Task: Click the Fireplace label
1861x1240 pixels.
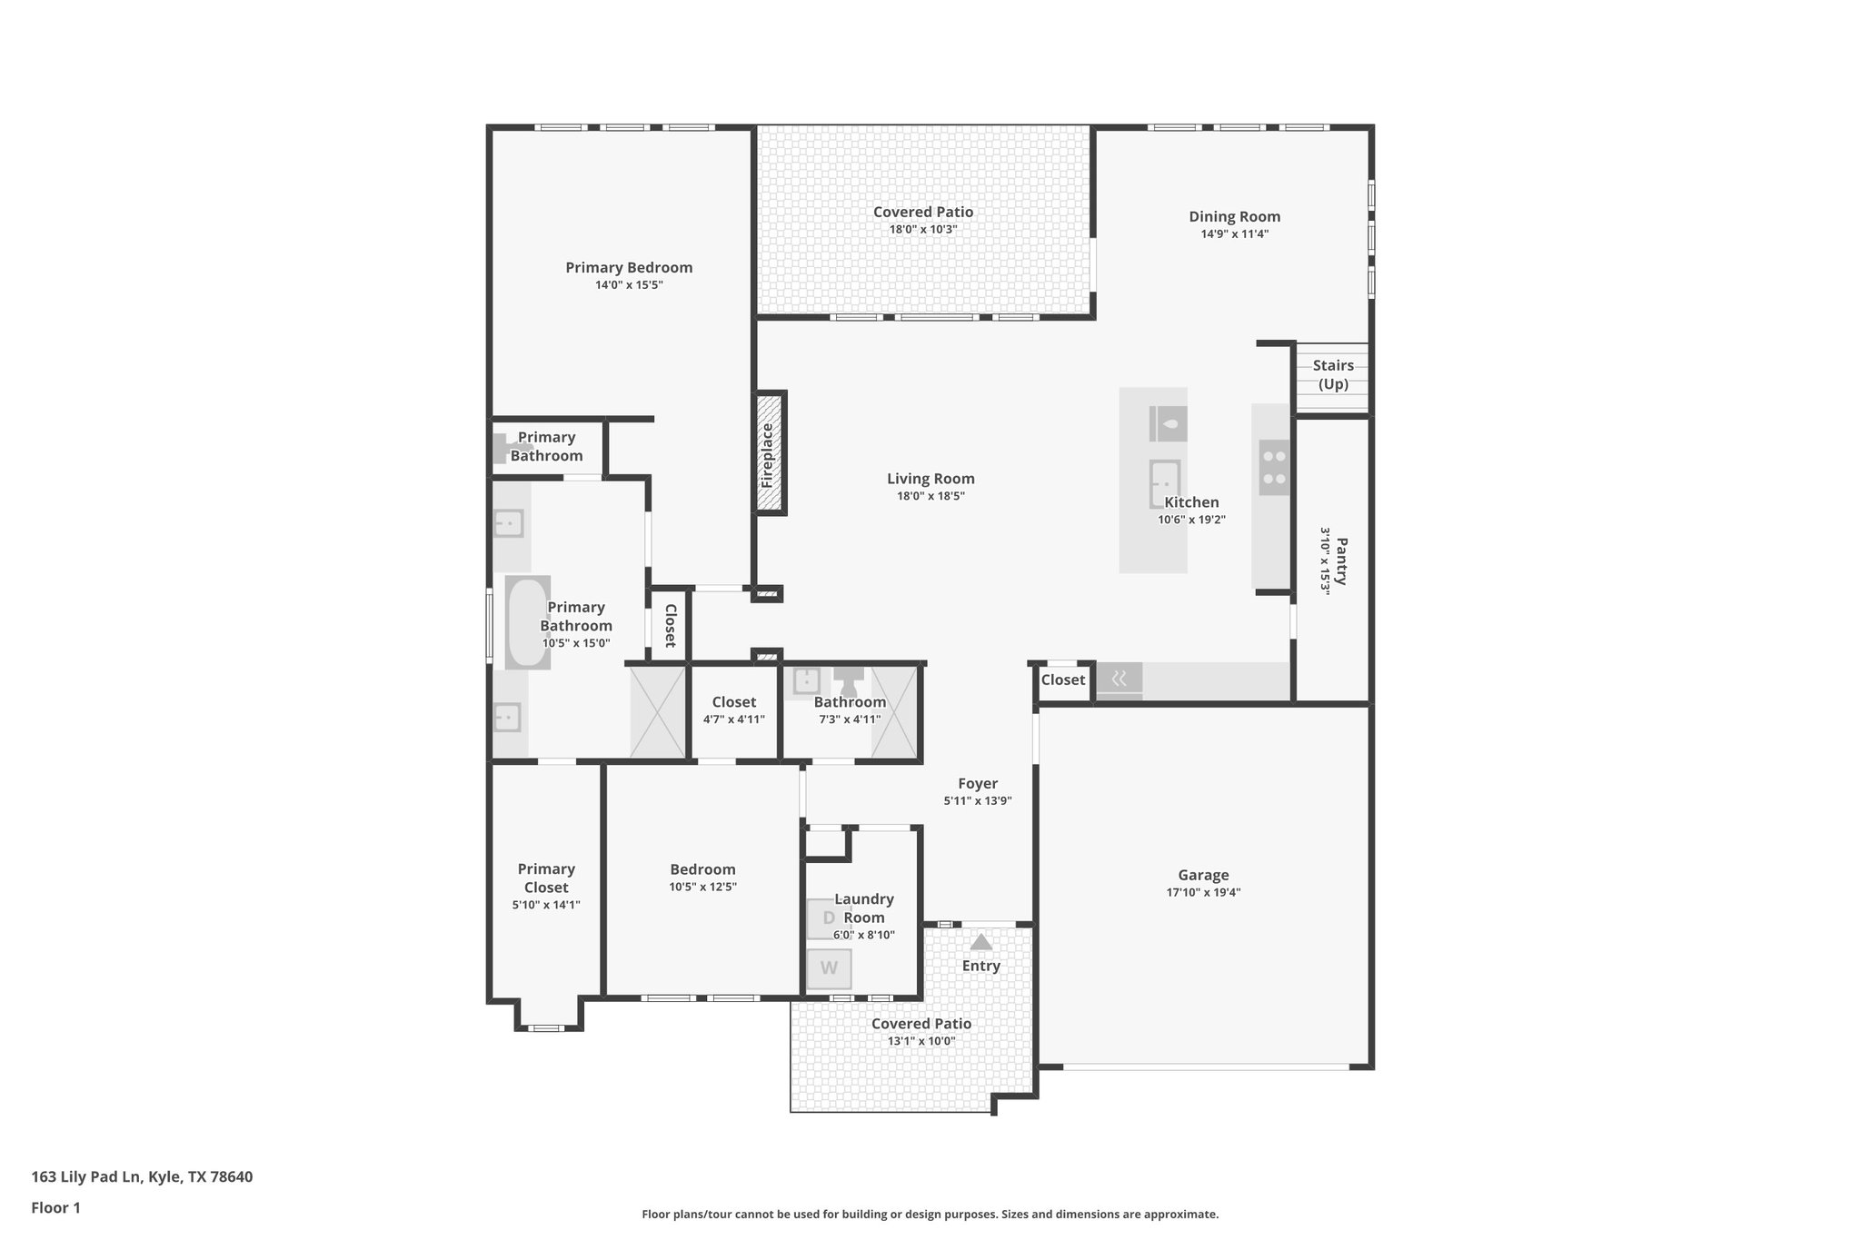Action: tap(768, 455)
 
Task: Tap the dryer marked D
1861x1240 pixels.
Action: tap(829, 918)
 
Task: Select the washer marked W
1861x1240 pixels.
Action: tap(829, 968)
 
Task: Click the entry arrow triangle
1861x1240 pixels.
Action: tap(980, 942)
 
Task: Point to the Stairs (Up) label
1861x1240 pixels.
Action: tap(1333, 374)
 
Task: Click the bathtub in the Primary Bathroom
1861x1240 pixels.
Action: tap(527, 622)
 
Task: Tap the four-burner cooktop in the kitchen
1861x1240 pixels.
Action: tap(1274, 467)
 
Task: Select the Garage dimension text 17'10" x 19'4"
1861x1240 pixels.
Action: tap(1203, 892)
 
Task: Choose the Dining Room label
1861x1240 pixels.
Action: tap(1234, 216)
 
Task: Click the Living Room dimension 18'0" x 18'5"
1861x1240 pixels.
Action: tap(930, 496)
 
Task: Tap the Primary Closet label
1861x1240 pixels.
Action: tap(546, 878)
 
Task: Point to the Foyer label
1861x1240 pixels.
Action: tap(978, 783)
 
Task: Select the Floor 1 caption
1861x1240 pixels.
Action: tap(55, 1207)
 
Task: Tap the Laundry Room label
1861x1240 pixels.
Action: tap(863, 908)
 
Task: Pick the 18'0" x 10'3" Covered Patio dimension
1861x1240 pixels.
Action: tap(922, 229)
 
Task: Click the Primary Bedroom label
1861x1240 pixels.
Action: tap(629, 267)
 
